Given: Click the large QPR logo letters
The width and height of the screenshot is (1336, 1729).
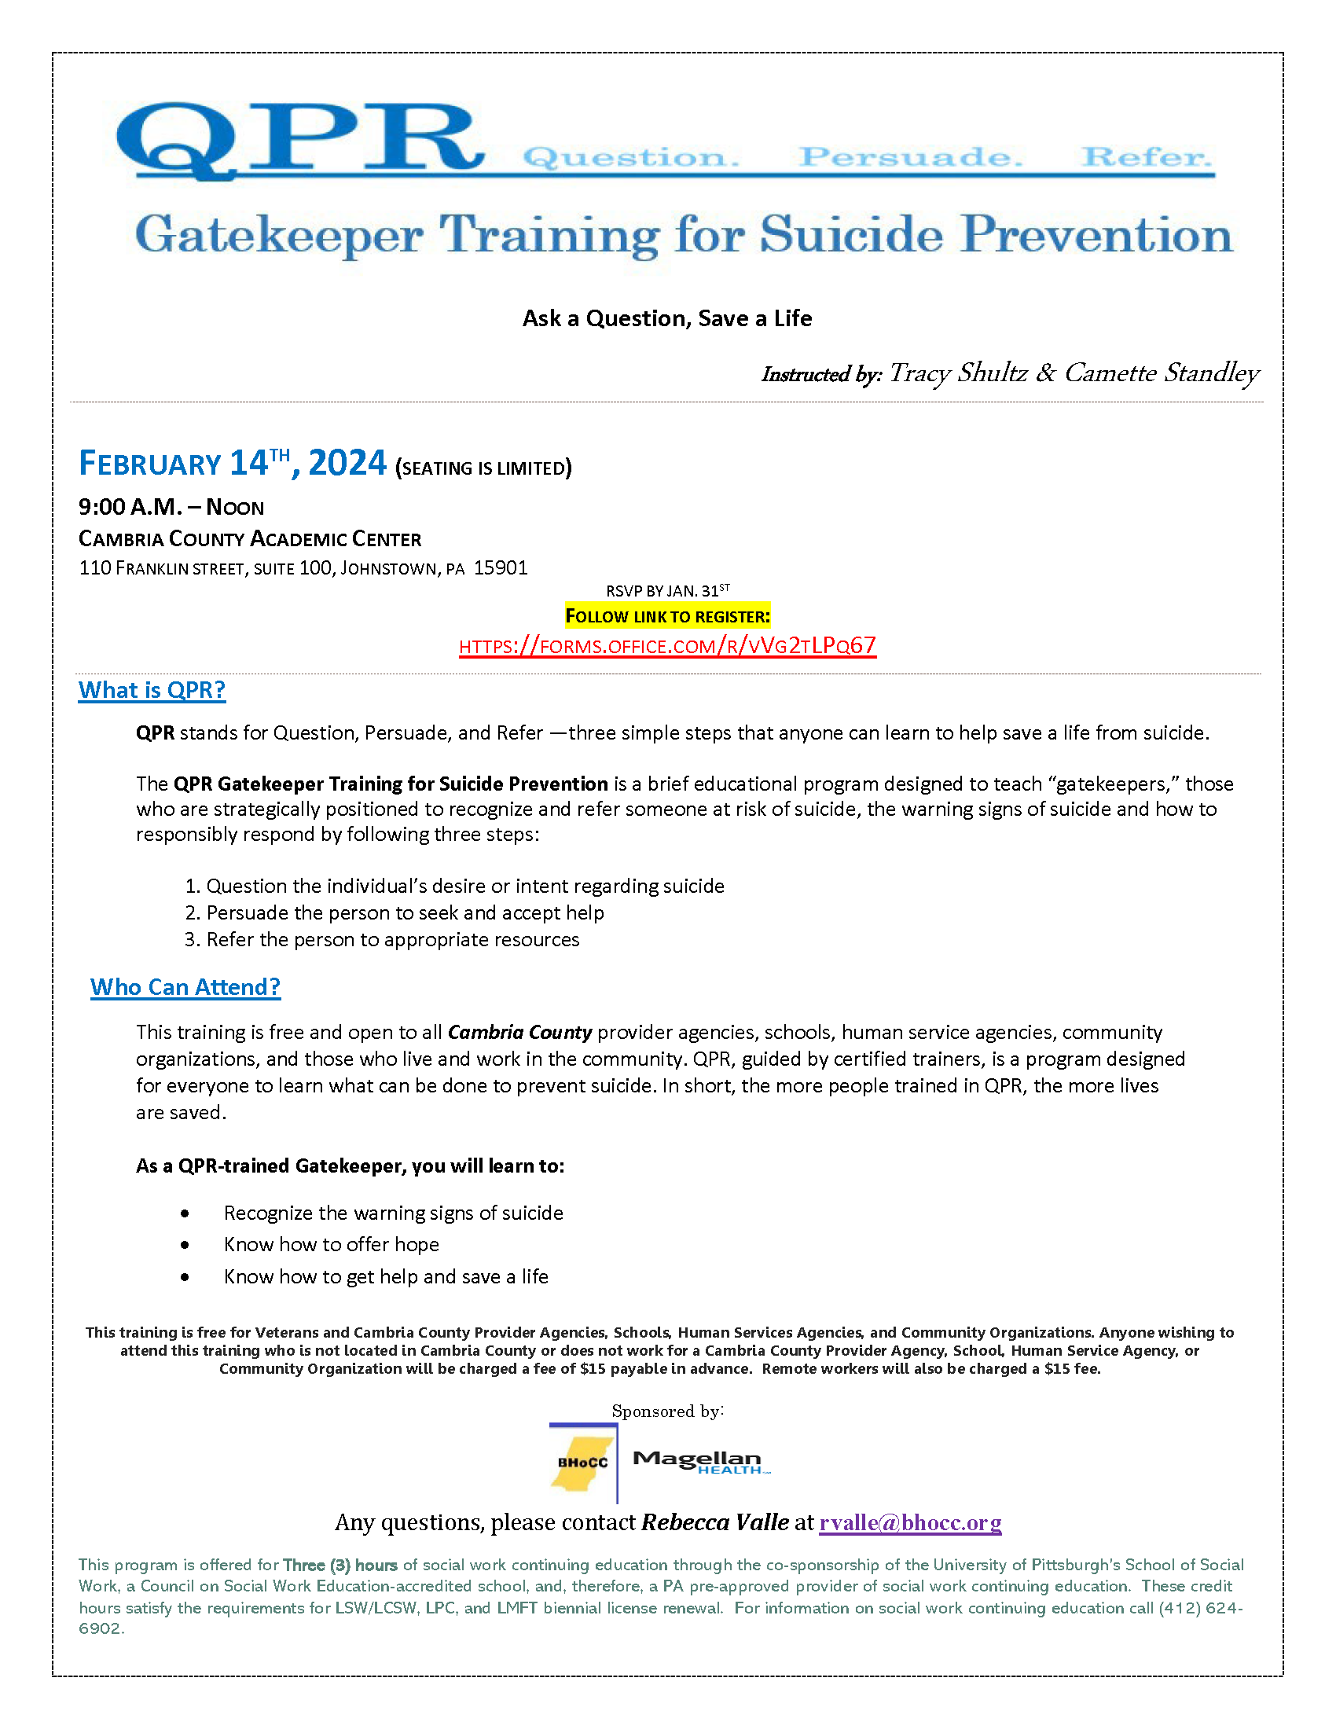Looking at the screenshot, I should tap(299, 138).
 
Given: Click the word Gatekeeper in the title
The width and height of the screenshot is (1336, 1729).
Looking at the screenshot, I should tap(279, 235).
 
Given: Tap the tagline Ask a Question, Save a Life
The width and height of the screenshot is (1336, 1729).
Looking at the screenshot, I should tap(667, 318).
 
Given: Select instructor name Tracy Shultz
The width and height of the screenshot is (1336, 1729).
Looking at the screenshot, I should tap(958, 373).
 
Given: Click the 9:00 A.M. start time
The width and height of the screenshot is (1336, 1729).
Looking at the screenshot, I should tap(130, 507).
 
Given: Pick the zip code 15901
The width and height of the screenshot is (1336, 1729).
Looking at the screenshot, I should tap(500, 567).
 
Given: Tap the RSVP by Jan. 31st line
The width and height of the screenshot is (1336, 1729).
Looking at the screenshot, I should tap(667, 590).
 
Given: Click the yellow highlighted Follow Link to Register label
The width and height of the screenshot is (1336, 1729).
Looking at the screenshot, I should tap(667, 616).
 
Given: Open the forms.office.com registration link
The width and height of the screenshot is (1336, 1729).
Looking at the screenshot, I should tap(667, 646).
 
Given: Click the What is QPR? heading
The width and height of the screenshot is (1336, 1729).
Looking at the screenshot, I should tap(152, 690).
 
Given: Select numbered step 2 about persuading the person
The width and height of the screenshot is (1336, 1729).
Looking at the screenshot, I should tap(395, 912).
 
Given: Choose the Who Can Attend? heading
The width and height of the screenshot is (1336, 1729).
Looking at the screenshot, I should tap(185, 987).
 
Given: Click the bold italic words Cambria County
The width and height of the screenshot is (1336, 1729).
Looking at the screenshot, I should tap(520, 1033).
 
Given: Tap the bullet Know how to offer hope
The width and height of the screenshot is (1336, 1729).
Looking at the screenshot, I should tap(331, 1245).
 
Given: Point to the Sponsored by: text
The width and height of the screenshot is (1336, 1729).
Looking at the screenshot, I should tap(667, 1411).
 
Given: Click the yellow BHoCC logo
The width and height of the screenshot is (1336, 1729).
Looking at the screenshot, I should tap(583, 1463).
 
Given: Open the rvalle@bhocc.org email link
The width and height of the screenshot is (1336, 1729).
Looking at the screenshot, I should tap(910, 1522).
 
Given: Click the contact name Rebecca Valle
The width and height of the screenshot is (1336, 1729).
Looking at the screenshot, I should tap(714, 1522).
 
